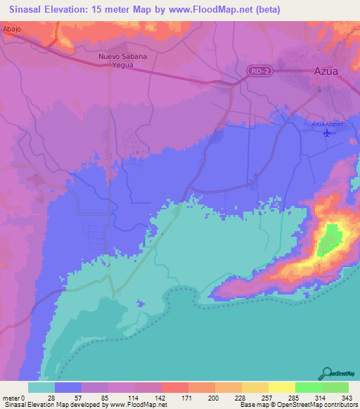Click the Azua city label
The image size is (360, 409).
(x=326, y=72)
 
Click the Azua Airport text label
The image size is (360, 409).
(x=326, y=124)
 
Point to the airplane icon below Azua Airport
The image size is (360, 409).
(x=326, y=134)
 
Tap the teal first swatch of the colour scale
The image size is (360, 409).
(x=41, y=387)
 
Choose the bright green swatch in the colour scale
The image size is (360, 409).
(x=308, y=387)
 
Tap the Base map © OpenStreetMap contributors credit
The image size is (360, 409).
(x=298, y=405)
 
